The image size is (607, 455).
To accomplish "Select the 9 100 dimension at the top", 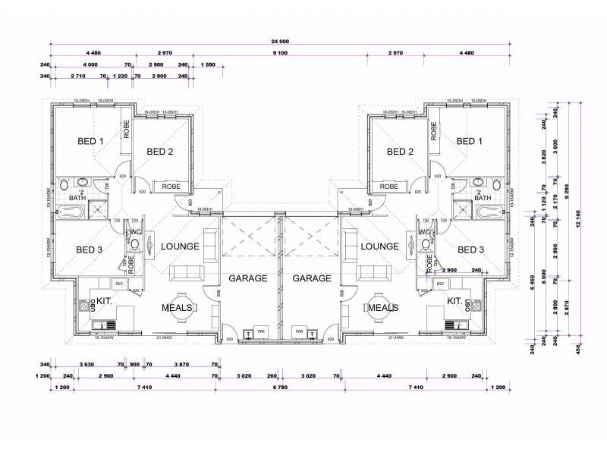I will click(281, 53).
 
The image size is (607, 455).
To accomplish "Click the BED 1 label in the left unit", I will click(90, 141).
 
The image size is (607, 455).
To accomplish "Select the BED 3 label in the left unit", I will click(90, 249).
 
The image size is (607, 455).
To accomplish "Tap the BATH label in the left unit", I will click(78, 198).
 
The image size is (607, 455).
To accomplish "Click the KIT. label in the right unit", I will click(454, 301).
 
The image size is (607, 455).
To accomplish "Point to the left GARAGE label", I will click(248, 278).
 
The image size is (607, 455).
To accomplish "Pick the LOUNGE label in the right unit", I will click(379, 246).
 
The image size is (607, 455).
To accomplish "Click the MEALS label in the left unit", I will click(176, 308).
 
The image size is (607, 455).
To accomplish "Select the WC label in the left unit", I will click(137, 232).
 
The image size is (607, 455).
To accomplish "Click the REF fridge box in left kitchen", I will click(119, 284).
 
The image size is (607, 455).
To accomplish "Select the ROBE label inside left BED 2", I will click(171, 186).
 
